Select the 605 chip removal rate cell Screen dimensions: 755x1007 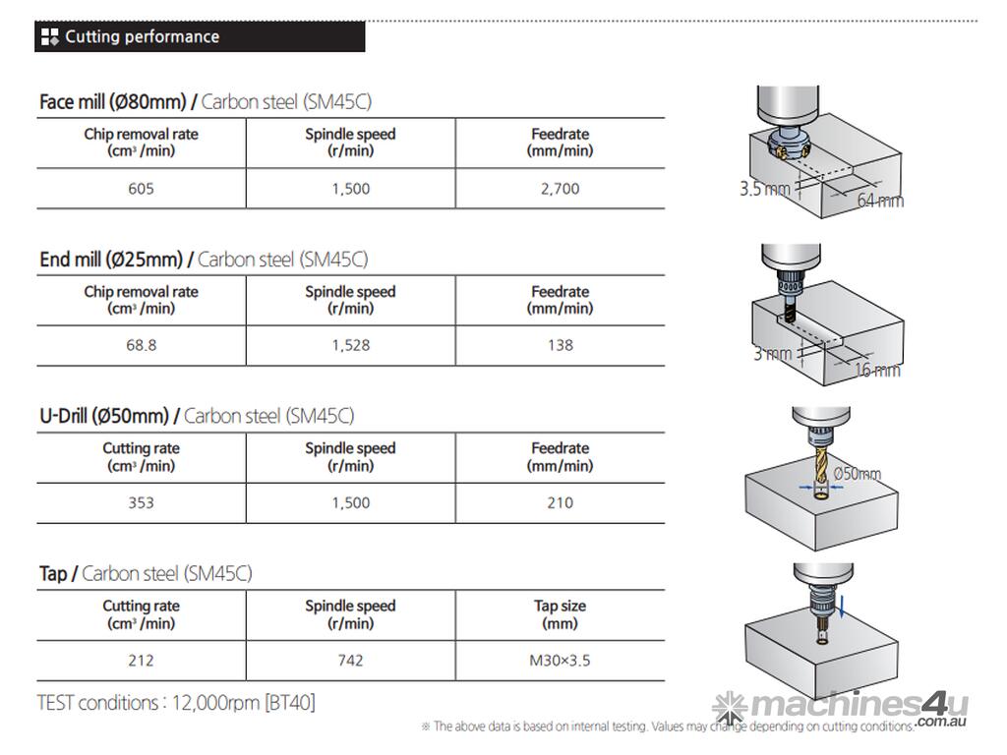[141, 189]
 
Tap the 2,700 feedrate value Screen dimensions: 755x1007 [560, 189]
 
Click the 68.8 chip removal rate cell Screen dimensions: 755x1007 [141, 345]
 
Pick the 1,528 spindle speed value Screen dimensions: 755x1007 [350, 345]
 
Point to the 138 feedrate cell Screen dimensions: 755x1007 [560, 345]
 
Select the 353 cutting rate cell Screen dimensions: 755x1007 [141, 502]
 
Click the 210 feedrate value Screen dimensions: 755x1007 [560, 502]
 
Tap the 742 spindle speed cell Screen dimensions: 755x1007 [350, 660]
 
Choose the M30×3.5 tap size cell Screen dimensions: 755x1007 [560, 660]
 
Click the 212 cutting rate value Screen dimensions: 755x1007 [141, 660]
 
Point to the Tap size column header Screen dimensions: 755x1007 [560, 614]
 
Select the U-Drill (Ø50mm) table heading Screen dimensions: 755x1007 [105, 416]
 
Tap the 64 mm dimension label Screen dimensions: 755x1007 [879, 201]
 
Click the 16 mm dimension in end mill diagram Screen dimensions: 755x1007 [877, 370]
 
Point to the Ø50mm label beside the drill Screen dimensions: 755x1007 [857, 474]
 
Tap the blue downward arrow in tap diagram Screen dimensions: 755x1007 [843, 612]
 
